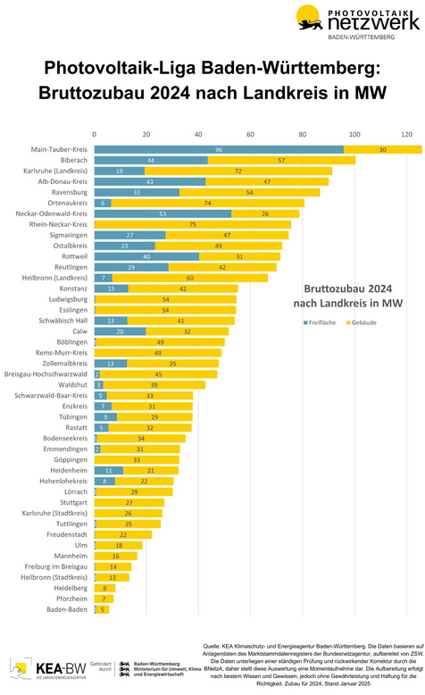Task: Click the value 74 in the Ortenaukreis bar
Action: pos(207,203)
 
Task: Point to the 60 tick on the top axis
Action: pos(250,134)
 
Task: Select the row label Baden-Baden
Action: pos(67,610)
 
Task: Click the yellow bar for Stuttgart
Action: pos(129,503)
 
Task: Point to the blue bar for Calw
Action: pos(120,331)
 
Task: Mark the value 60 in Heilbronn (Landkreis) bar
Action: pos(189,278)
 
